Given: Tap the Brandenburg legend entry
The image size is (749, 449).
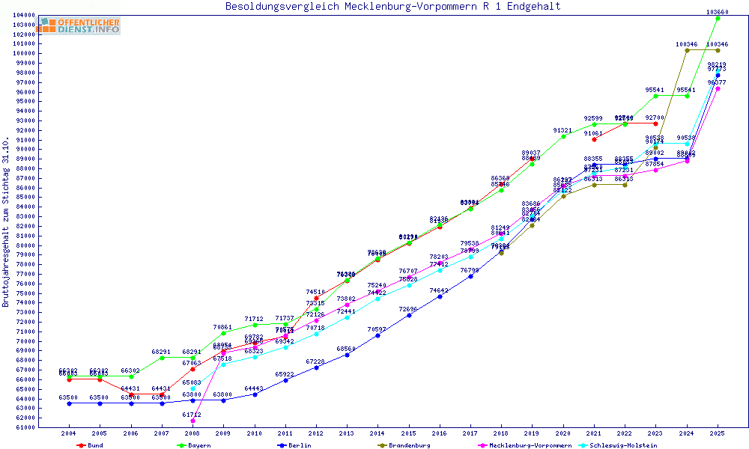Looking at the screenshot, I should coord(408,445).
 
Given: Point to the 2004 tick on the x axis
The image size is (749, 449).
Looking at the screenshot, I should coord(69,433).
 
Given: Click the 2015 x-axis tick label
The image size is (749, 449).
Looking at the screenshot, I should coord(409,433).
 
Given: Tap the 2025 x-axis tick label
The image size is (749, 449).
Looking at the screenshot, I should coord(718,433).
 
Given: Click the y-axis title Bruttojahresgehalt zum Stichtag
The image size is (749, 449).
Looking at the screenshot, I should coord(7,222).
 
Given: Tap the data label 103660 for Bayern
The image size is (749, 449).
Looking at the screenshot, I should coord(718,11).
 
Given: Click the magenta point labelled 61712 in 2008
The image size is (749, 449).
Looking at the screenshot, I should coord(192,421).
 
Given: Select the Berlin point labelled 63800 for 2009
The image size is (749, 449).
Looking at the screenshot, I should coord(223,400).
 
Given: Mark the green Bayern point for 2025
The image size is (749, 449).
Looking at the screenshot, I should coord(718,18).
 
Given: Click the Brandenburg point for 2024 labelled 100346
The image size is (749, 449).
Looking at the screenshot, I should coord(687,50).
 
